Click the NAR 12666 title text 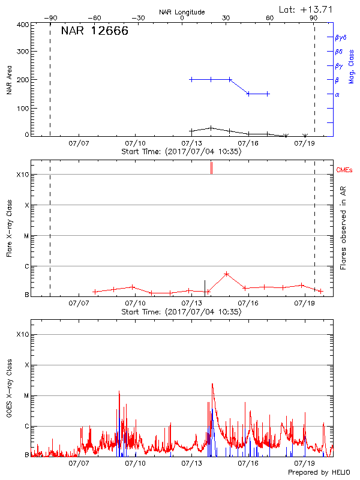[x=95, y=32]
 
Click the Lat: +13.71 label [x=307, y=9]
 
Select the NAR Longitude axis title [x=182, y=12]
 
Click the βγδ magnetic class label [x=341, y=37]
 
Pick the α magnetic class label [x=337, y=94]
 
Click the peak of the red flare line [x=226, y=274]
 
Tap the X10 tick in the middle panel [x=22, y=175]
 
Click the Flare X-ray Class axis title [x=9, y=230]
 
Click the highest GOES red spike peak [x=212, y=384]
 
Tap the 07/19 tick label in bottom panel [x=304, y=463]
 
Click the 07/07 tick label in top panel [x=79, y=143]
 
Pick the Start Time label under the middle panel [x=181, y=312]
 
